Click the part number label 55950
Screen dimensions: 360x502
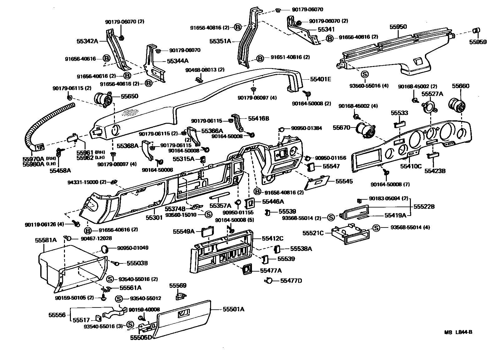[x=398, y=27]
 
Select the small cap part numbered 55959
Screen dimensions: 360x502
[x=477, y=31]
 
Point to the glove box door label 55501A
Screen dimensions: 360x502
[x=233, y=309]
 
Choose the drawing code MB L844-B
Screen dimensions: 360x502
[x=458, y=332]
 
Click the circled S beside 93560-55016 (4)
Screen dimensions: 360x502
[x=365, y=74]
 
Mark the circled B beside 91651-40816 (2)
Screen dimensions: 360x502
[x=260, y=58]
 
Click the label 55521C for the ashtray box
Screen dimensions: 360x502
[x=313, y=233]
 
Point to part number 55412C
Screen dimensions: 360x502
[x=273, y=239]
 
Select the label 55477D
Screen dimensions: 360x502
[x=291, y=281]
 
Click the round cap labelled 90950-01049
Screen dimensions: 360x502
[x=106, y=249]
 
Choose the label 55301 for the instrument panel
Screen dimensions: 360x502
[x=155, y=217]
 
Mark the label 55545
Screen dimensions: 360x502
[x=344, y=181]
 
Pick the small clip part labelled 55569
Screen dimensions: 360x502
[x=180, y=295]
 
